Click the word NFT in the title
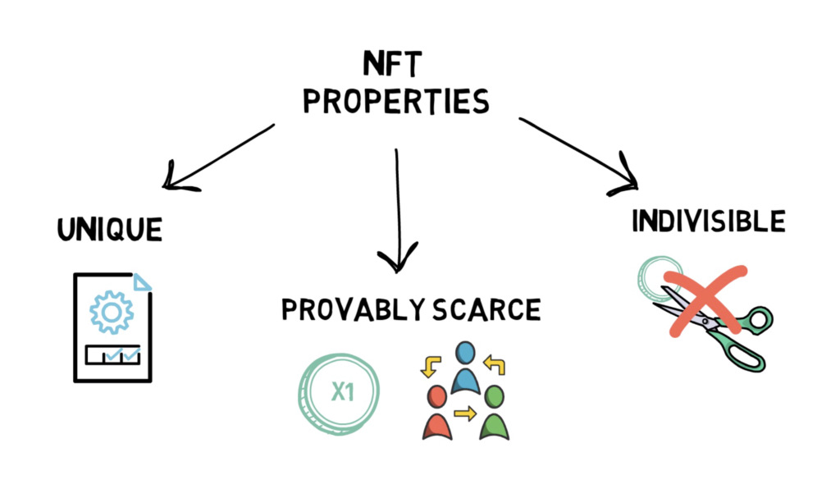point(393,64)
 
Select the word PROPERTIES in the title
point(396,101)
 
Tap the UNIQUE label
point(110,230)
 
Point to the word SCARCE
point(487,310)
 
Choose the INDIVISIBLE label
point(709,221)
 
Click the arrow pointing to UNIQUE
point(218,157)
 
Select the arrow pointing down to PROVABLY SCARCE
point(398,211)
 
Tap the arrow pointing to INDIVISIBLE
point(578,154)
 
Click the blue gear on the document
point(112,313)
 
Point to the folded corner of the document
point(142,282)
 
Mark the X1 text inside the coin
point(342,392)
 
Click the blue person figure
point(465,368)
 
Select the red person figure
point(437,412)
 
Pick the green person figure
point(494,412)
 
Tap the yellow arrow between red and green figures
point(465,413)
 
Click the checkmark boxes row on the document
point(113,354)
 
